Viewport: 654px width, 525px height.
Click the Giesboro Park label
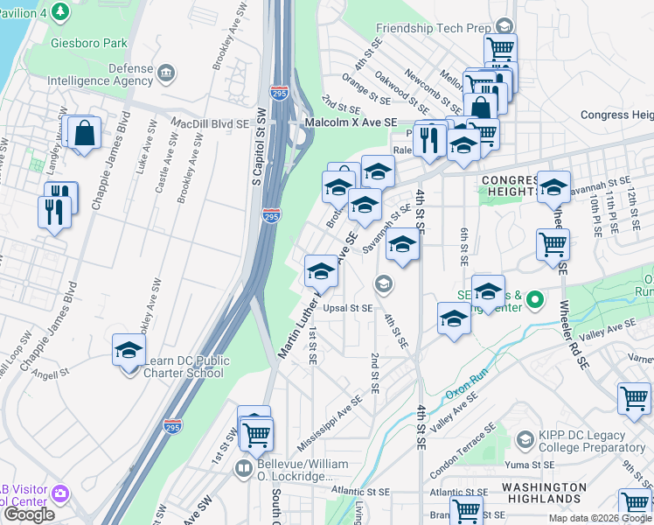click(89, 43)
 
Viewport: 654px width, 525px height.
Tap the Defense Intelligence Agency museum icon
click(166, 71)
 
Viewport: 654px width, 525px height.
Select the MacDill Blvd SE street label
click(210, 123)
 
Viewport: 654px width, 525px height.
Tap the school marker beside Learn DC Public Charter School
click(129, 352)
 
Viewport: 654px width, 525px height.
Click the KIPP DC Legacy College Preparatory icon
click(525, 438)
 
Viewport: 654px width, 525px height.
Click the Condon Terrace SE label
click(464, 442)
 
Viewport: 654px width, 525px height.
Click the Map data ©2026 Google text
click(599, 518)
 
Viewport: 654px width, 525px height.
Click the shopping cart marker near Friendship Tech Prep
click(500, 48)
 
